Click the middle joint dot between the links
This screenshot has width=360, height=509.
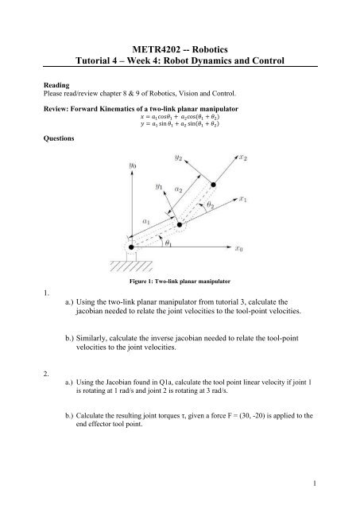pyautogui.click(x=180, y=226)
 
